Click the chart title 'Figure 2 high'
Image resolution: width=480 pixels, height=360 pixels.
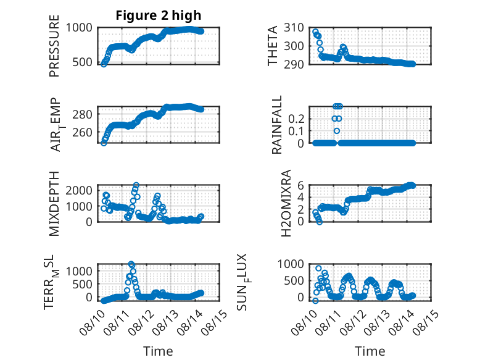click(159, 15)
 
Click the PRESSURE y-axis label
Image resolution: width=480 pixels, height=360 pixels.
click(54, 46)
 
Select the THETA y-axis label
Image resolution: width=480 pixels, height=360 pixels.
click(272, 46)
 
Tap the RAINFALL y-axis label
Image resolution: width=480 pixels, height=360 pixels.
click(277, 125)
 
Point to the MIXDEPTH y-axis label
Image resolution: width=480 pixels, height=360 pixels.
click(54, 204)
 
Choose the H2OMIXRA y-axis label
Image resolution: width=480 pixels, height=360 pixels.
click(286, 203)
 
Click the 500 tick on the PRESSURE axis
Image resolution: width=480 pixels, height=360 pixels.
click(82, 62)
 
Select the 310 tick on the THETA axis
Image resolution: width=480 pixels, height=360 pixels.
click(294, 28)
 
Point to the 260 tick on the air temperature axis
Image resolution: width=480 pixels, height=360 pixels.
click(82, 132)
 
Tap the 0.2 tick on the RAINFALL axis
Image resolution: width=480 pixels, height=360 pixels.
click(296, 119)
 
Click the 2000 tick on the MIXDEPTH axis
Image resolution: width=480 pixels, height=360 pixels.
click(79, 190)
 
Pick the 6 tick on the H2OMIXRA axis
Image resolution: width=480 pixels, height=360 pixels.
click(300, 185)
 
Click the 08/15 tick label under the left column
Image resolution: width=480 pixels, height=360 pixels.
click(215, 322)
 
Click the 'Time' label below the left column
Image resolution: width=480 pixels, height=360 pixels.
click(159, 351)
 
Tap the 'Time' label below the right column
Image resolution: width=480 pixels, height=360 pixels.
click(370, 351)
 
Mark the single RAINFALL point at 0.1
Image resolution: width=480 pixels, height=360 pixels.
click(337, 131)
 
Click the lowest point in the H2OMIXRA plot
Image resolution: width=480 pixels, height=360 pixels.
click(320, 222)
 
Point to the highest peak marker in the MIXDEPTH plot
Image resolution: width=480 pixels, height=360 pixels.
click(136, 185)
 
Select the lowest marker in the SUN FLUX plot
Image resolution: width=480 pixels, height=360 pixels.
click(315, 301)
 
